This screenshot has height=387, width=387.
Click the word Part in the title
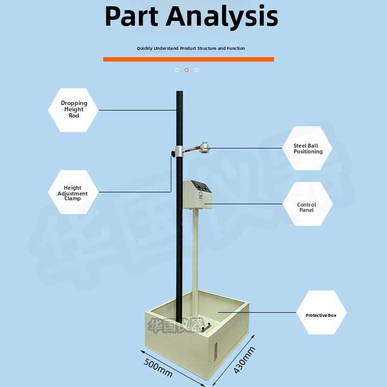132,16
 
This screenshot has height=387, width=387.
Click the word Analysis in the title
222,17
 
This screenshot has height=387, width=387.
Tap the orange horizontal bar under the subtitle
188,59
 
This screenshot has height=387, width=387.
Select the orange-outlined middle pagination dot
187,70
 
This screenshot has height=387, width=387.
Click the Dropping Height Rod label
74,109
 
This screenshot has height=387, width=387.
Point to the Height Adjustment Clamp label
73,193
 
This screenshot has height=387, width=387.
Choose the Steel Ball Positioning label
308,149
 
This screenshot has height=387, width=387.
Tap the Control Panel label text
306,208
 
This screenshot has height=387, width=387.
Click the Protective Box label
321,315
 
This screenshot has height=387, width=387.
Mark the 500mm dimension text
158,368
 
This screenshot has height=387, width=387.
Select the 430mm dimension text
244,360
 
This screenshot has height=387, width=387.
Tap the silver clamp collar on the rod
180,151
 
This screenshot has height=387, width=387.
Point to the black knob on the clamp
173,154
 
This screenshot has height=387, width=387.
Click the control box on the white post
197,194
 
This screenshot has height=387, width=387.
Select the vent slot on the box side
215,351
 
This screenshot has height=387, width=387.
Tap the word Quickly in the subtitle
145,48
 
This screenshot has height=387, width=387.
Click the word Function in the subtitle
236,48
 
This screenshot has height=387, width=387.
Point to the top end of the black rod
179,91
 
